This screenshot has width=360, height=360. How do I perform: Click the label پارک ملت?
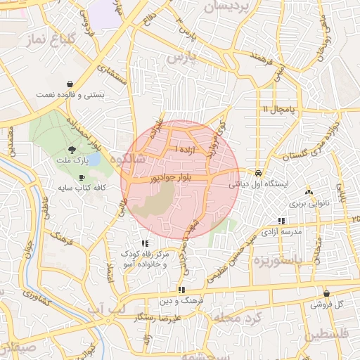click(x=72, y=160)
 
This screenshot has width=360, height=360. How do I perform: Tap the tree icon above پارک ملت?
click(x=72, y=149)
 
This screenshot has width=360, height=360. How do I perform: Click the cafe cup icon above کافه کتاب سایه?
click(x=82, y=177)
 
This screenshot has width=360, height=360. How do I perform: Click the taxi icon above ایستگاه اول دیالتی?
click(x=259, y=172)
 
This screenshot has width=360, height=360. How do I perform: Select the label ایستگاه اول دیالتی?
click(x=258, y=184)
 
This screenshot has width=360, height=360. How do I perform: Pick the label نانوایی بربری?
click(x=307, y=203)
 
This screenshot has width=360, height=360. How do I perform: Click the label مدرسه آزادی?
click(x=281, y=231)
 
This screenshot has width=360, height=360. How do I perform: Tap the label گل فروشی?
click(x=329, y=304)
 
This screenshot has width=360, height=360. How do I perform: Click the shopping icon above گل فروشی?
click(x=326, y=293)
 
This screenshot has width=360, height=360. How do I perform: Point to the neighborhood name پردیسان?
click(x=226, y=8)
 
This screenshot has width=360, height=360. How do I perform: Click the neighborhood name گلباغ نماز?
click(x=44, y=39)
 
